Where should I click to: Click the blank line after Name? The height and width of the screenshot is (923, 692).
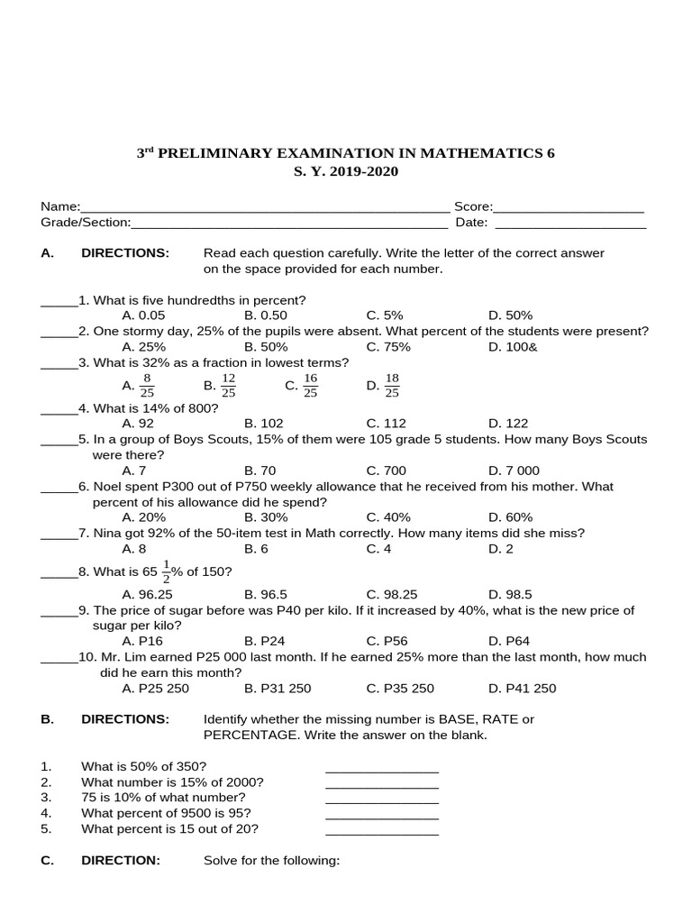click(x=265, y=208)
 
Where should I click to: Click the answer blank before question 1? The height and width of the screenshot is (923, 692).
click(x=59, y=301)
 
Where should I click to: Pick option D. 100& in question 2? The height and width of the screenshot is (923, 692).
click(x=513, y=347)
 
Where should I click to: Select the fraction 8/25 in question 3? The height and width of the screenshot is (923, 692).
click(x=147, y=386)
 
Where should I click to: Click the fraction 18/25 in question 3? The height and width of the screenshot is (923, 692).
click(x=391, y=386)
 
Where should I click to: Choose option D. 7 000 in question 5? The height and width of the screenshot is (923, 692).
click(x=514, y=471)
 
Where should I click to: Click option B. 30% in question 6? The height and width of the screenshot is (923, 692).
click(x=266, y=517)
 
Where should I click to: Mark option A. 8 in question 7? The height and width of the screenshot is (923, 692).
click(x=134, y=549)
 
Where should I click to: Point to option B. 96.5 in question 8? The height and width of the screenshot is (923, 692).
click(x=266, y=595)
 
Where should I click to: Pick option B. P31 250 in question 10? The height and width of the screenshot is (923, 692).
click(x=278, y=689)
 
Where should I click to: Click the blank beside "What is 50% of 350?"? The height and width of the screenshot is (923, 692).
click(x=381, y=768)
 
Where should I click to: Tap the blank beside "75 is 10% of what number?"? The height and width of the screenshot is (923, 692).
click(x=381, y=799)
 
